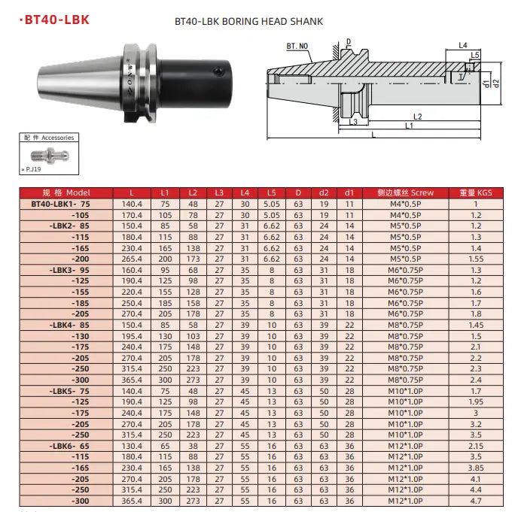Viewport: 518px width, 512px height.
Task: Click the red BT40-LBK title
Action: pos(54,20)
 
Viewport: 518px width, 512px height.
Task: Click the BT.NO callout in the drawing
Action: pos(297,47)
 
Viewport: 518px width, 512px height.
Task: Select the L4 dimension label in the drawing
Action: pos(463,46)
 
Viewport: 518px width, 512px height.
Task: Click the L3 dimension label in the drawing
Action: pos(354,123)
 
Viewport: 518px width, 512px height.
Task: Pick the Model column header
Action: pos(66,193)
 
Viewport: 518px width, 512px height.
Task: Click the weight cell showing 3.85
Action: pos(475,467)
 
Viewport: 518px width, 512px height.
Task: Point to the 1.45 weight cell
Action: pos(475,325)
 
